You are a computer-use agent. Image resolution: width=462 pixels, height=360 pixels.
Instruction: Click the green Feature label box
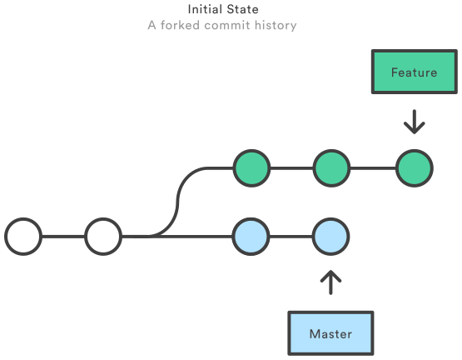(x=414, y=72)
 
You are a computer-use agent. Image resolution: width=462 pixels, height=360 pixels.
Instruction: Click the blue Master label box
(x=330, y=333)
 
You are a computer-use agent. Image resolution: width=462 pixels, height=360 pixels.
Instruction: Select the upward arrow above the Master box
(x=330, y=282)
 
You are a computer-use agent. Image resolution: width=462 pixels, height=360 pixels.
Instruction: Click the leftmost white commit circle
(x=23, y=237)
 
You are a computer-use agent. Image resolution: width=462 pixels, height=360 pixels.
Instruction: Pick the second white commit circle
(x=103, y=237)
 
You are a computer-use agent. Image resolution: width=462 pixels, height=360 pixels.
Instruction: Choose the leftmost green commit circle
(x=251, y=168)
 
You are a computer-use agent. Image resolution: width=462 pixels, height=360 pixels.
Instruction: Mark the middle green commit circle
(x=330, y=168)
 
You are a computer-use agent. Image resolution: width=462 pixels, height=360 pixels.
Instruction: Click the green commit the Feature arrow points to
(x=414, y=168)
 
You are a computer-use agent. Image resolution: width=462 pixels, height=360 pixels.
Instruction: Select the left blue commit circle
(x=251, y=237)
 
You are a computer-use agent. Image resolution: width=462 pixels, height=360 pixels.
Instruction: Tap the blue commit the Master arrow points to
(x=330, y=237)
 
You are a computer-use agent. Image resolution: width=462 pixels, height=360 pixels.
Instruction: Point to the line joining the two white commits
(x=63, y=237)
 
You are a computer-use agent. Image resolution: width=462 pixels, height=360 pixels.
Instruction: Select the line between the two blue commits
(x=291, y=237)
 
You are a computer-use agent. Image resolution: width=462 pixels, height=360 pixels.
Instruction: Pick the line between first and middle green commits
(x=291, y=168)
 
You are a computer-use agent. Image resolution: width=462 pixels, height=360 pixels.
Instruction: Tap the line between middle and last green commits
(x=372, y=168)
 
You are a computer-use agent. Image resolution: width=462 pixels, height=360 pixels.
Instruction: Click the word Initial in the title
(x=205, y=9)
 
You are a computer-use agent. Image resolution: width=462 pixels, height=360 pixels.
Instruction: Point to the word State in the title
(x=242, y=9)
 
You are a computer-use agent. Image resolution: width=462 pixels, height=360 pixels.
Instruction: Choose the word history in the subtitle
(x=275, y=25)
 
